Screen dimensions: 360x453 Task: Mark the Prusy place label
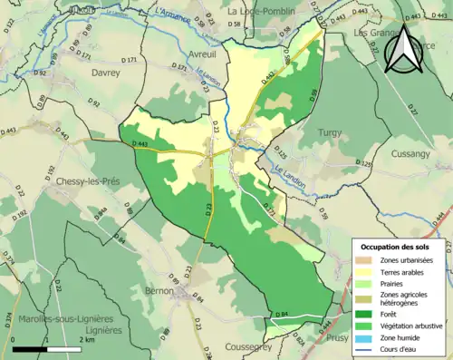336,337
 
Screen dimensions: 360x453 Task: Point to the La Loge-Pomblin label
258,11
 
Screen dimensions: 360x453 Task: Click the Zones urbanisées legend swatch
369,260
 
